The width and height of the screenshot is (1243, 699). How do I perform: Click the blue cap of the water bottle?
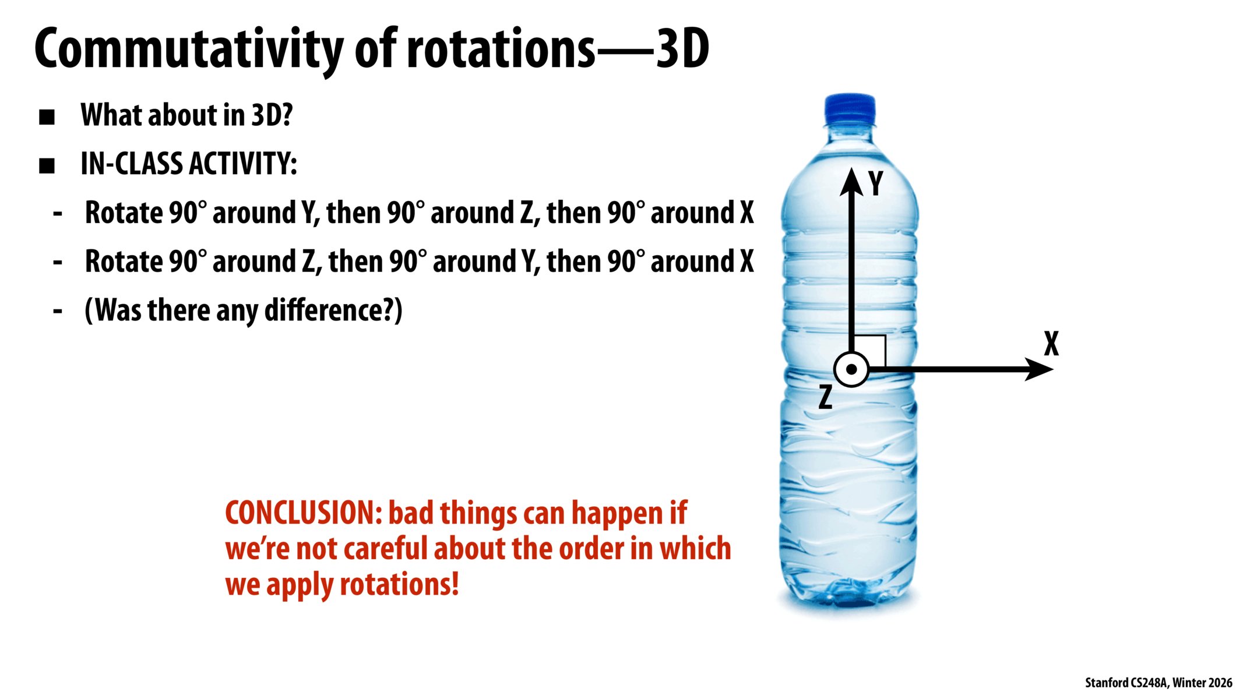850,109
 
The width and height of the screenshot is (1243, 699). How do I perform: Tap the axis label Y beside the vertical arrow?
875,183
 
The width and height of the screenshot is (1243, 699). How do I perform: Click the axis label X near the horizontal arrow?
1051,344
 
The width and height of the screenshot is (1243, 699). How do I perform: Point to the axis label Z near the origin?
825,397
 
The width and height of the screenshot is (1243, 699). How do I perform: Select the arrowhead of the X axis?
1039,369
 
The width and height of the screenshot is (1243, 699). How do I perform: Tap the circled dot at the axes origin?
851,369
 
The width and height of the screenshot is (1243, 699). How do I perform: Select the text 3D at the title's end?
682,49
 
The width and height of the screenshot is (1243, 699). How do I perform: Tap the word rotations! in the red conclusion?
399,584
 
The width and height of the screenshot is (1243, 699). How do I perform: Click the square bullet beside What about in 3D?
47,117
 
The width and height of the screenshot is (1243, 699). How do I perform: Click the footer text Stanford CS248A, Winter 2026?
1159,683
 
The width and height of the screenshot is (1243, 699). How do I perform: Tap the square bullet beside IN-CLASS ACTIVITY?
47,166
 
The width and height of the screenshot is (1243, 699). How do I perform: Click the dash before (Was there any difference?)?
58,311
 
